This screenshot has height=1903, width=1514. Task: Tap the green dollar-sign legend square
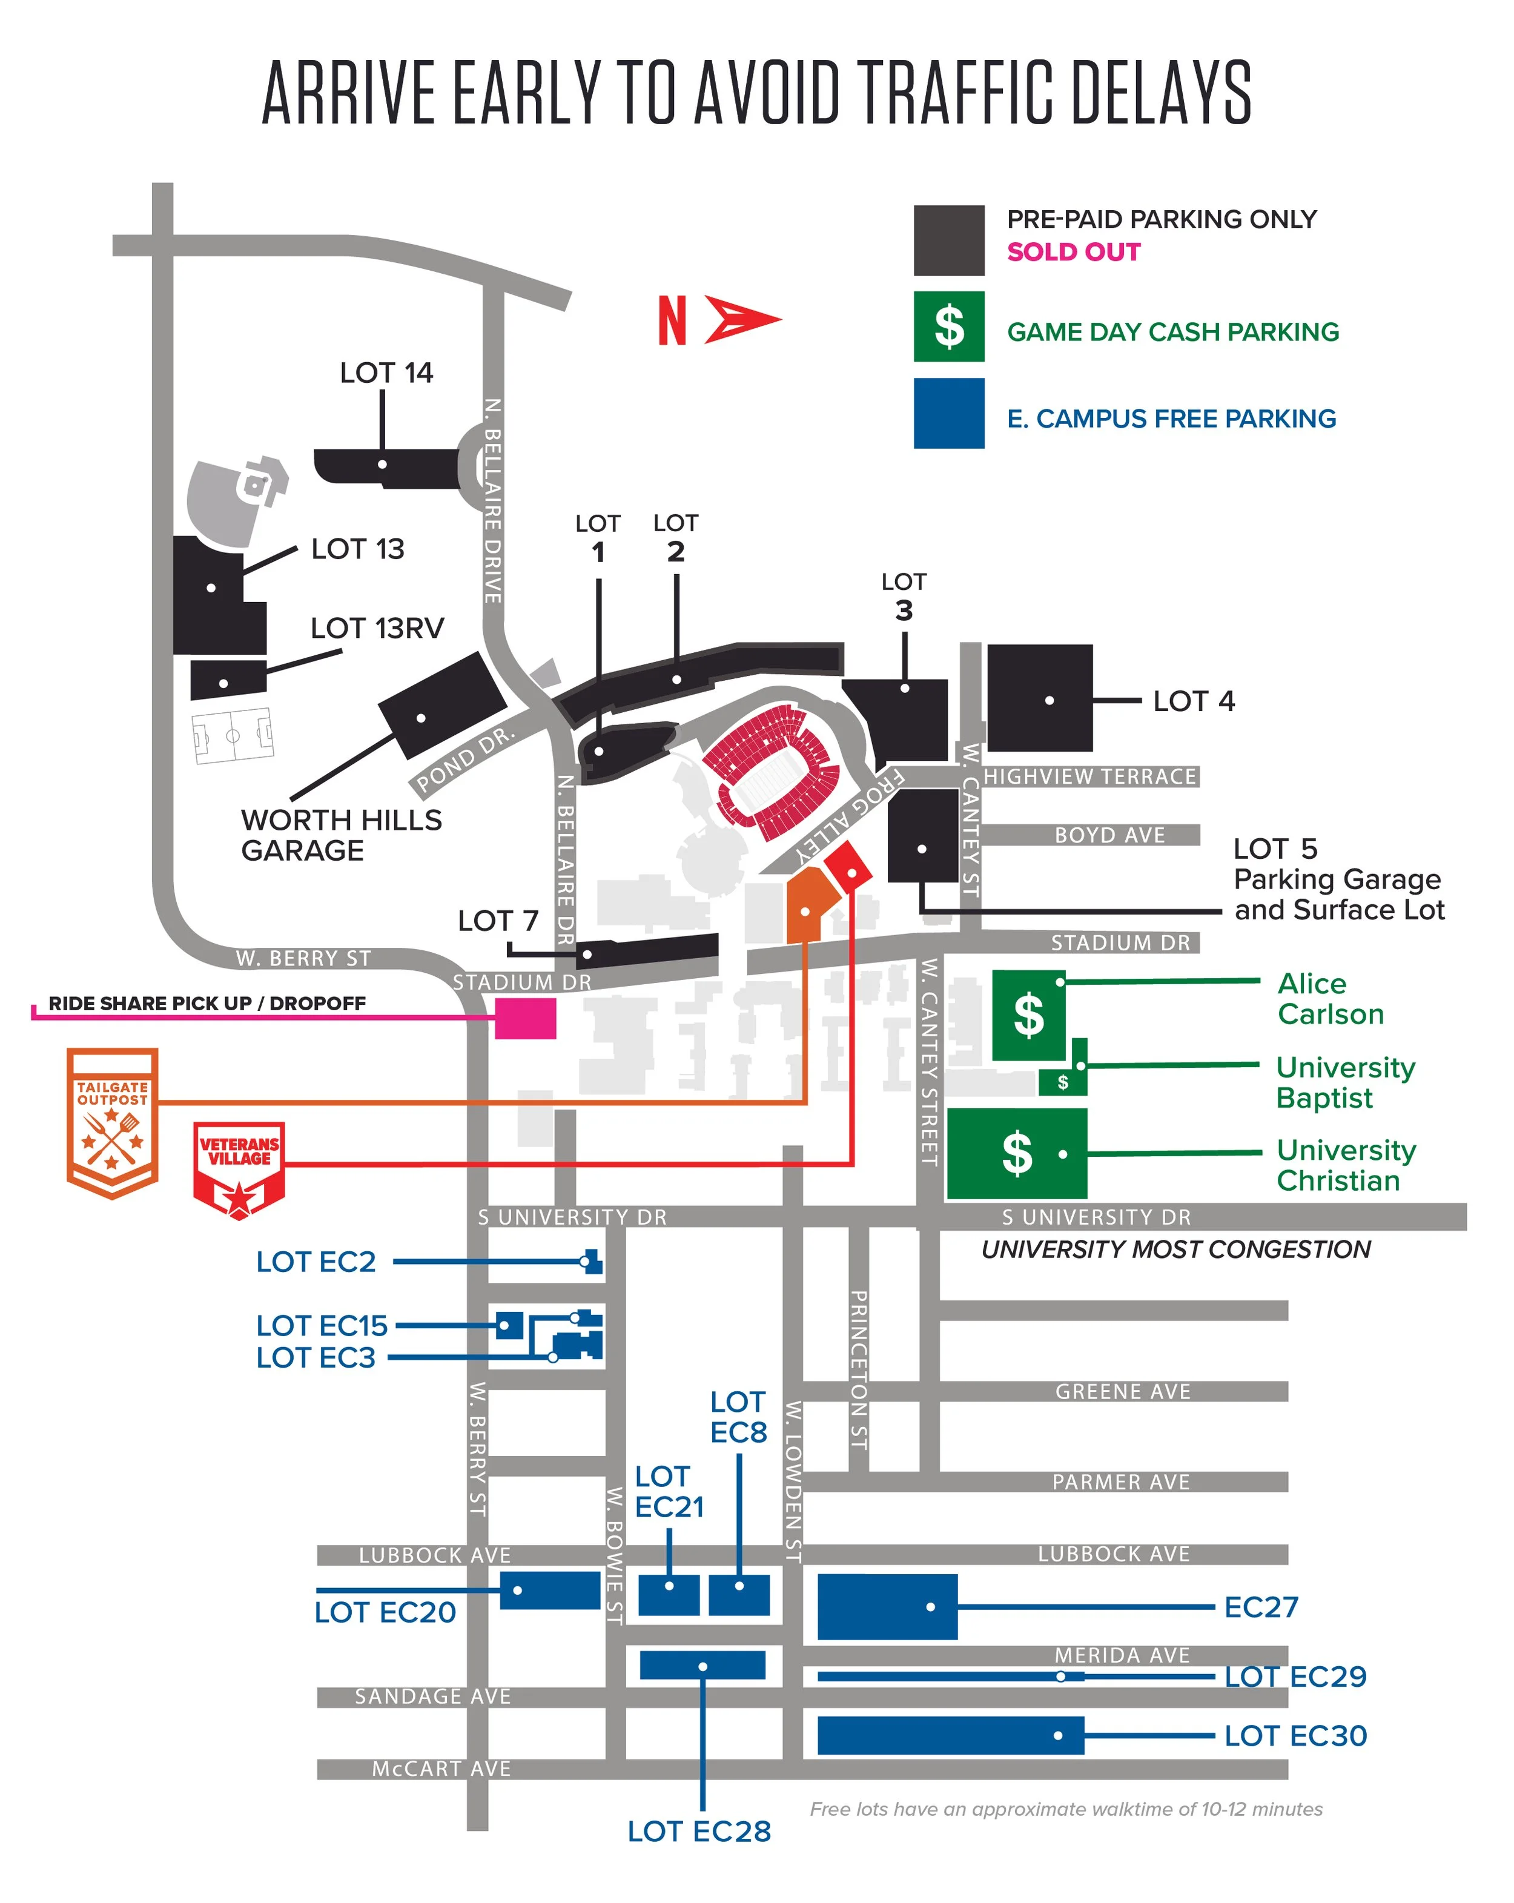948,326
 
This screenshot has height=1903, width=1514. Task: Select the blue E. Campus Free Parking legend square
948,413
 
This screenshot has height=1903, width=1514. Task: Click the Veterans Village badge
239,1170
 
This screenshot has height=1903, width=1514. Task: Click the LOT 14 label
386,372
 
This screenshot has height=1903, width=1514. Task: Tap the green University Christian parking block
1016,1153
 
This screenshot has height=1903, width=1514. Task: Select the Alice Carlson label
1329,998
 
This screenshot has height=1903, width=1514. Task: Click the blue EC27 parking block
887,1606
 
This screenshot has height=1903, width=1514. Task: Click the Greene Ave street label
1122,1392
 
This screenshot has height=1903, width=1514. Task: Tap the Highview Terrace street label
1089,776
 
